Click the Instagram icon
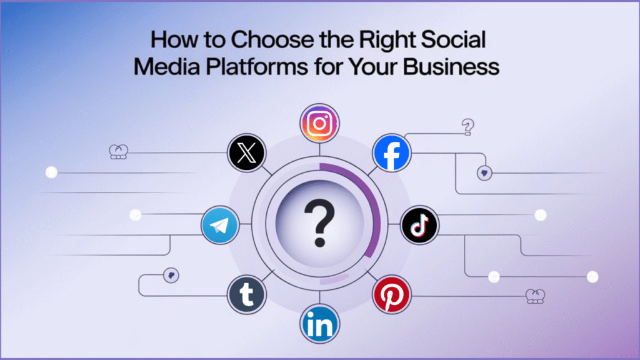pos(319,123)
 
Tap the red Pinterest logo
pos(391,293)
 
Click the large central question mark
pos(319,222)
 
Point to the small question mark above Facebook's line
pos(466,127)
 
